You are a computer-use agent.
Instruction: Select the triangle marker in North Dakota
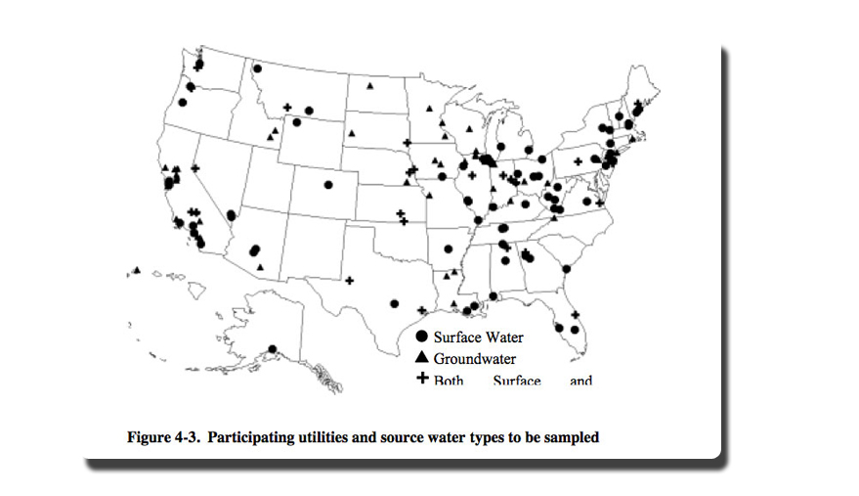tap(371, 87)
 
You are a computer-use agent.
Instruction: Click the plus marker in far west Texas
tap(349, 281)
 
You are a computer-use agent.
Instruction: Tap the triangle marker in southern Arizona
tap(260, 266)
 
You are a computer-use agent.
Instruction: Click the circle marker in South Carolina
tap(567, 269)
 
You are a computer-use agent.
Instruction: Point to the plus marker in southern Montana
tap(287, 108)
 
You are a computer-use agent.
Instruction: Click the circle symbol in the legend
tap(423, 338)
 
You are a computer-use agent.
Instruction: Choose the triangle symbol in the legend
tap(423, 358)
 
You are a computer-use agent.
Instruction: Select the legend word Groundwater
tap(475, 359)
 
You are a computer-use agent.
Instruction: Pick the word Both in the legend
tap(449, 380)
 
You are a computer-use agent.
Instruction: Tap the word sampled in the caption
tap(574, 437)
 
